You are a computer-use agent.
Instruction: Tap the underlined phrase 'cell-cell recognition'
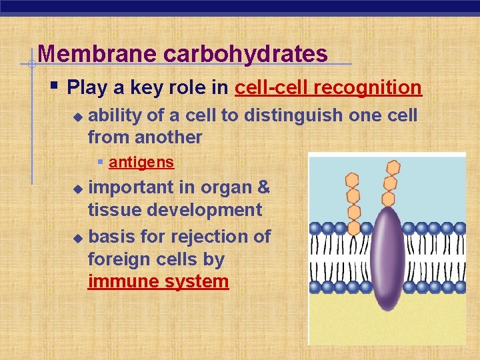click(x=328, y=87)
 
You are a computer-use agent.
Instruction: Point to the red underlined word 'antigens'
click(x=141, y=162)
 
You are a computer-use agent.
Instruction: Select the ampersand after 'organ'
click(x=263, y=187)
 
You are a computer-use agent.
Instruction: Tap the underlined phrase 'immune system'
click(x=158, y=281)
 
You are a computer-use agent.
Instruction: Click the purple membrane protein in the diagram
click(x=387, y=257)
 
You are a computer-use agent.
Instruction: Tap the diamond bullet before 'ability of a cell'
click(x=77, y=117)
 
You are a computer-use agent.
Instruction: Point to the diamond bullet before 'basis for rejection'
click(x=77, y=237)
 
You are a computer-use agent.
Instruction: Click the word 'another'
click(x=168, y=137)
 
